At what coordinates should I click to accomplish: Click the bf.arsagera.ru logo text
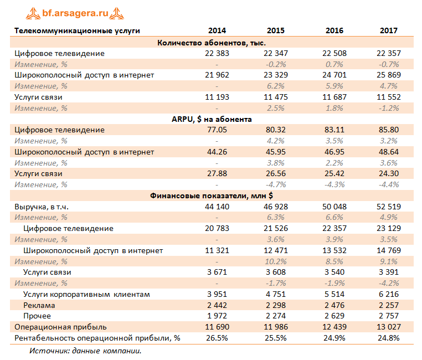(x=78, y=12)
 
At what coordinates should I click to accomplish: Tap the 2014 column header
(x=217, y=30)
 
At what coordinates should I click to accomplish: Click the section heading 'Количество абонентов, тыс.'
(x=212, y=42)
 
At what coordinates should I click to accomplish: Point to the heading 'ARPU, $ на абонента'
(x=212, y=119)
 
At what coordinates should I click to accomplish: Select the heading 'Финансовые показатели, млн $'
(x=212, y=196)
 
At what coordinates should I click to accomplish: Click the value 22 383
(x=217, y=53)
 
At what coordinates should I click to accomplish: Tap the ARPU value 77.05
(x=217, y=130)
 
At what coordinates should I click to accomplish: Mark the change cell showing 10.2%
(x=275, y=261)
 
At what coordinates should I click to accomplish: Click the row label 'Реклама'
(x=39, y=305)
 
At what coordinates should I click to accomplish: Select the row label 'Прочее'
(x=38, y=316)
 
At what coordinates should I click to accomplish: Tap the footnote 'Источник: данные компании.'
(x=85, y=351)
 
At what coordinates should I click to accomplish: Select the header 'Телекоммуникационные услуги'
(x=77, y=30)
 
